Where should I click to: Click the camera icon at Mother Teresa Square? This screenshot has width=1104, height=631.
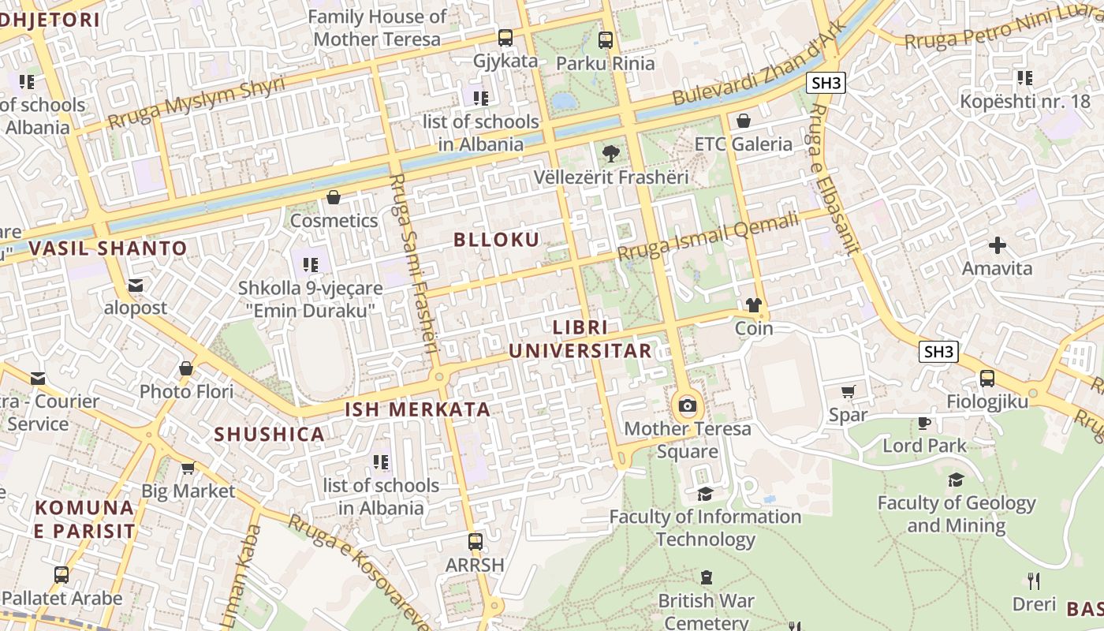688,405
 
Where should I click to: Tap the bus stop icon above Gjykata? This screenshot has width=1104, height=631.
505,37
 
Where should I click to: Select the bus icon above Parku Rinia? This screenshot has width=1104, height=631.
605,39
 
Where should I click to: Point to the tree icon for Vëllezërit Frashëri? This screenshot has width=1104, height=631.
610,153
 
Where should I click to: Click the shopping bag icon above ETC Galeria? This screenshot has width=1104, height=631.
743,121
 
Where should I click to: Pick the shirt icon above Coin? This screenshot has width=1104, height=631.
753,305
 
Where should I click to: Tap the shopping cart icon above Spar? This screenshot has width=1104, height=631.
849,391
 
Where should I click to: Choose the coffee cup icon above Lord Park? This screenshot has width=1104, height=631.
924,423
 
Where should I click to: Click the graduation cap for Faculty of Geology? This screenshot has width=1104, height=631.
956,480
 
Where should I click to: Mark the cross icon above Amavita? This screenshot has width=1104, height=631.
997,245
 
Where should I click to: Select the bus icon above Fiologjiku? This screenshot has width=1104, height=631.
987,379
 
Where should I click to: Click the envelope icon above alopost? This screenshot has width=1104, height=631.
136,285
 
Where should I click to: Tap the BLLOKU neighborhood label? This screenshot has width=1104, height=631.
497,240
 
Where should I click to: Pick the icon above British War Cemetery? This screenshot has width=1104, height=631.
706,578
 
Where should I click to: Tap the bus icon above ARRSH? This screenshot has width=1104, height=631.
475,542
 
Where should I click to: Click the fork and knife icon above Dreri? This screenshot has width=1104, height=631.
1034,581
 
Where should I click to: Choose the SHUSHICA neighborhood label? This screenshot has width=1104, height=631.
270,434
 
